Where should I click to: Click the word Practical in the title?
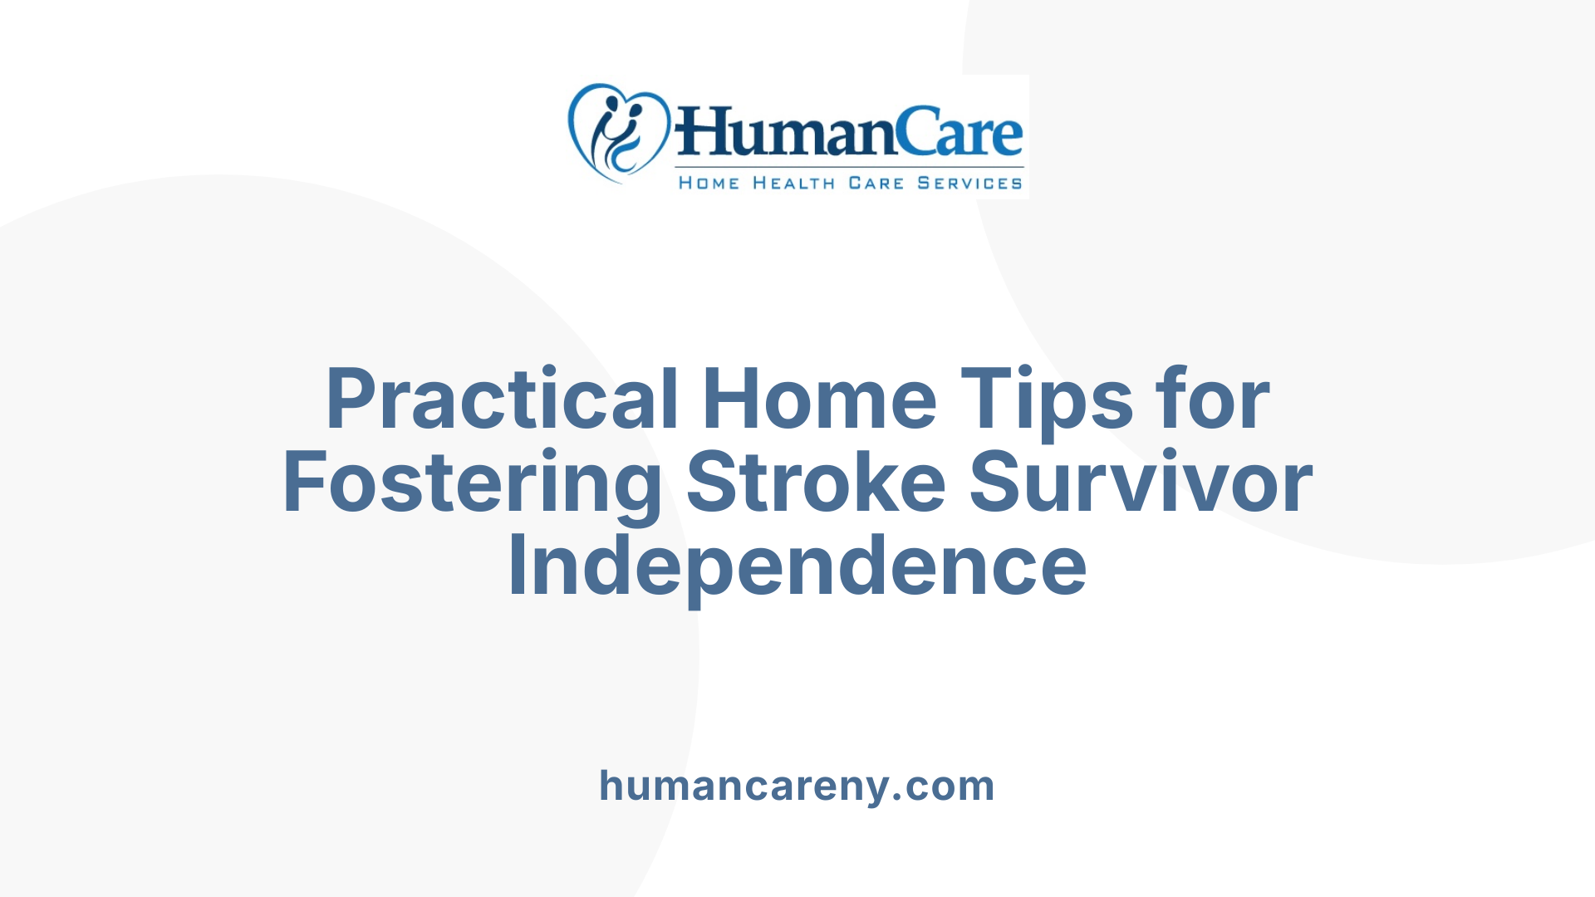coord(502,399)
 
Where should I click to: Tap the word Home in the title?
coord(820,399)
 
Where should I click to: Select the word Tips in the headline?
coord(1047,399)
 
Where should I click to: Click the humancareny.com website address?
coord(797,786)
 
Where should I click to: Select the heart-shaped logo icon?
coord(618,131)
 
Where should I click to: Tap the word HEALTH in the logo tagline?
coord(793,184)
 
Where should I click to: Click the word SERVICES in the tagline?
coord(969,184)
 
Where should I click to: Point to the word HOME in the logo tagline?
coord(709,184)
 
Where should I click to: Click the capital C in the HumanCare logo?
coord(920,133)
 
